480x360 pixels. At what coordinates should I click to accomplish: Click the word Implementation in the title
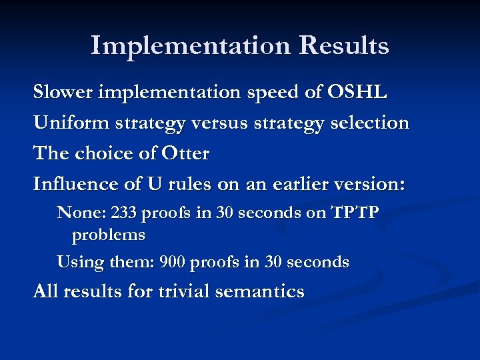click(190, 46)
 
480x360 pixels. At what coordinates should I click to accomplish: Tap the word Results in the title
click(344, 46)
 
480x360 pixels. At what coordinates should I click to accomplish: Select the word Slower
click(63, 92)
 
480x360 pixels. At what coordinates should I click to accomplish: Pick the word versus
click(207, 123)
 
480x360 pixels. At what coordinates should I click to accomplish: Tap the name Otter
click(185, 153)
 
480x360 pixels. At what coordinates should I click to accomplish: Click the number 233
click(124, 213)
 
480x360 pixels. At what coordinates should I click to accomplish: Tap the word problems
click(108, 235)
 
